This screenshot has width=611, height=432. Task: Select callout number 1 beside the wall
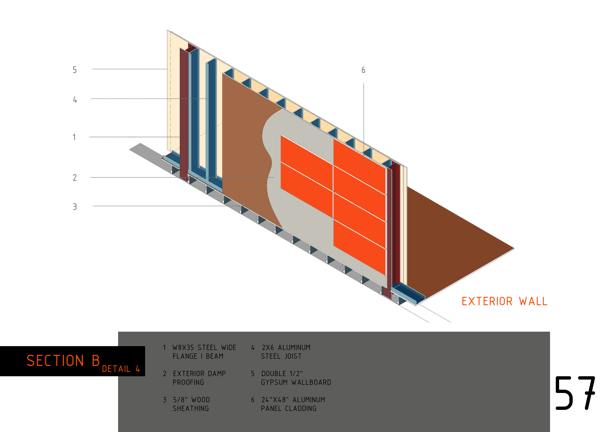(x=74, y=137)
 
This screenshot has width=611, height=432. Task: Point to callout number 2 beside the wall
(x=75, y=178)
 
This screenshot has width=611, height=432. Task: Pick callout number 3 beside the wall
(x=75, y=207)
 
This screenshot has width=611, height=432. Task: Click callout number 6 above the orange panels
(x=363, y=70)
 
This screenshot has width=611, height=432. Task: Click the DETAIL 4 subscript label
(x=121, y=369)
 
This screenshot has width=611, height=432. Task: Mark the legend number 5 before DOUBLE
(x=253, y=373)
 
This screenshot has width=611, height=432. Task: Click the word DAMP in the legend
(x=217, y=373)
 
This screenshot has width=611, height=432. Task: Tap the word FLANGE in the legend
(x=185, y=356)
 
